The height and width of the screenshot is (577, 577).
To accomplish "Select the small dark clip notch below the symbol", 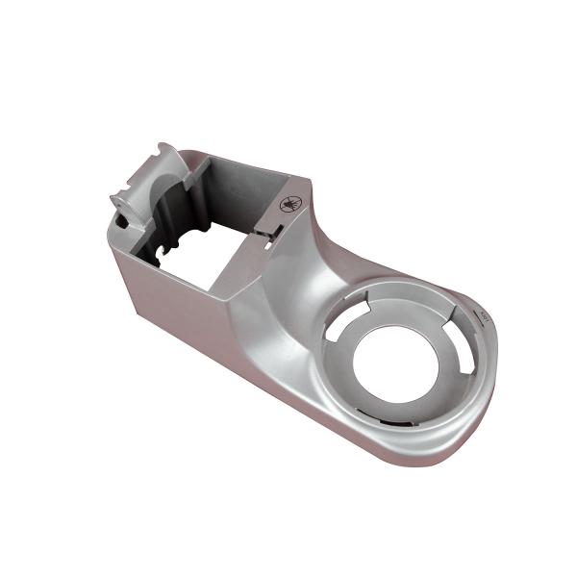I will click(272, 231).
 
